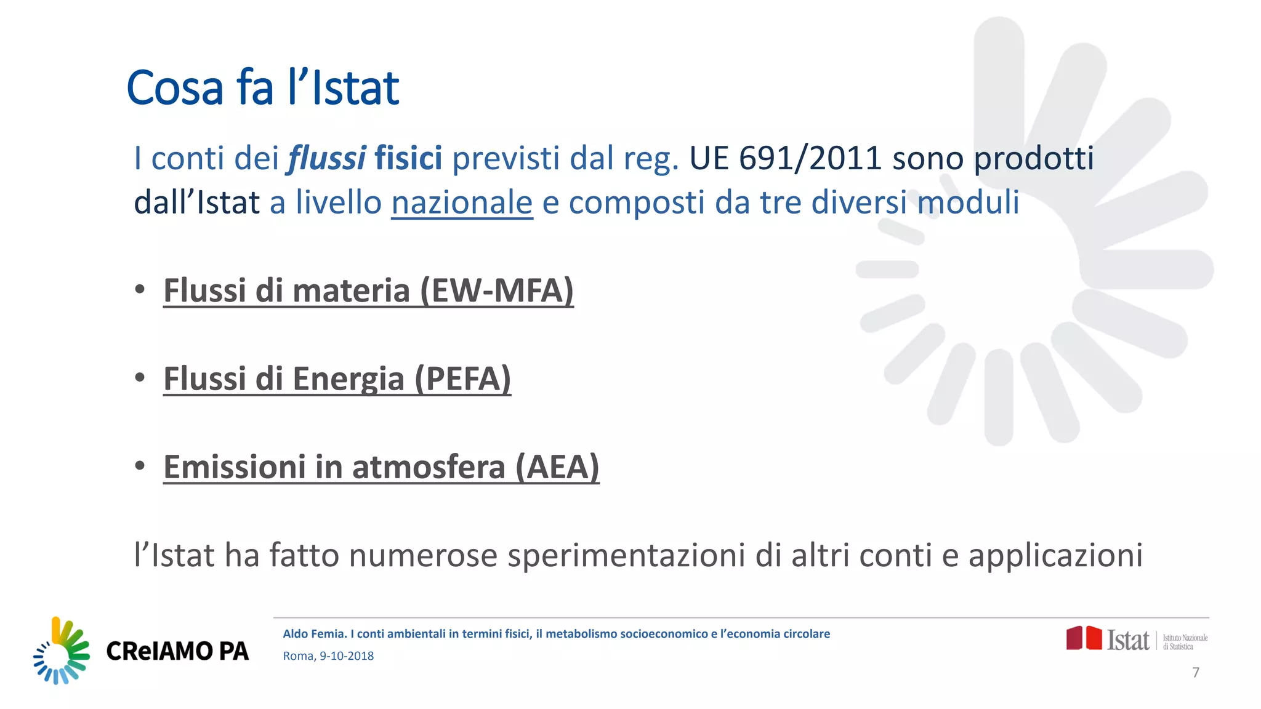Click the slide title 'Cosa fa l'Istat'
(263, 88)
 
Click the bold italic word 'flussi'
(327, 158)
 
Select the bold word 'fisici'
(408, 158)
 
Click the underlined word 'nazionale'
(462, 202)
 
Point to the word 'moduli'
(968, 202)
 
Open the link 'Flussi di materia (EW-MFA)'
(368, 290)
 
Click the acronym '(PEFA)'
(463, 379)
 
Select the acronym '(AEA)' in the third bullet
(557, 467)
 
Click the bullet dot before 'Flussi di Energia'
(140, 377)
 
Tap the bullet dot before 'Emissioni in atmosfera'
(140, 465)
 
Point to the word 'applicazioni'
(1055, 555)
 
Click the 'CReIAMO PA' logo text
(177, 651)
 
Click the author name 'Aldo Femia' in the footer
(315, 634)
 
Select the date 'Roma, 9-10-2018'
(328, 656)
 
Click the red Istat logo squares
(1084, 638)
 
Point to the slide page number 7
(1196, 673)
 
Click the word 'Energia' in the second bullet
(348, 379)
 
